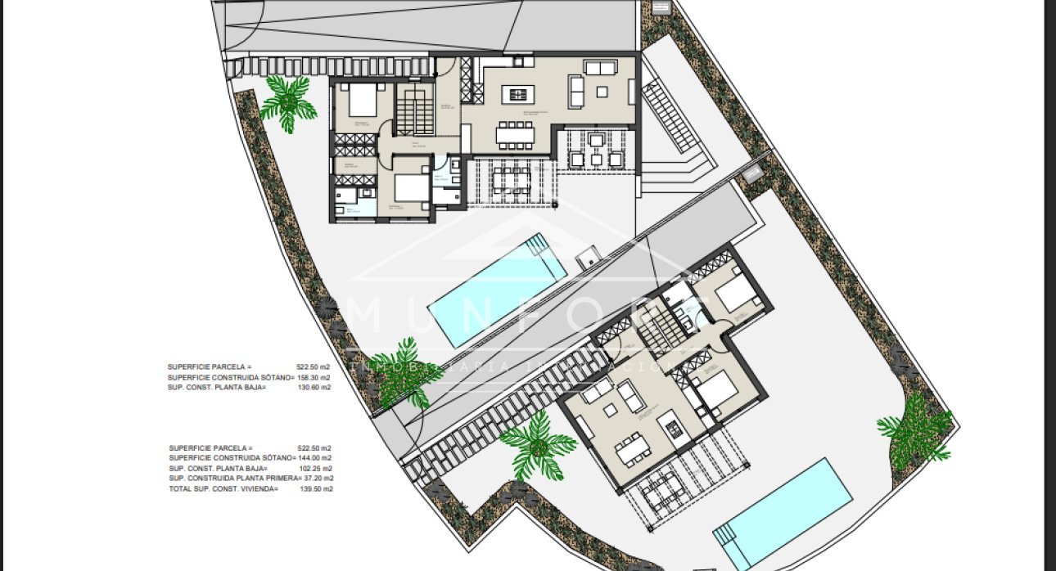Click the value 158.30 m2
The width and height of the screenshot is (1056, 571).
point(314,377)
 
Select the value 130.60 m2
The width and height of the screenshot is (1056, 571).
point(314,387)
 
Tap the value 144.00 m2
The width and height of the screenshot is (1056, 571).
point(315,458)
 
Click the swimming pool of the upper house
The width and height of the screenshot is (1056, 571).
point(498,290)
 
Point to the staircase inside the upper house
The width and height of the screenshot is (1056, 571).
point(415,109)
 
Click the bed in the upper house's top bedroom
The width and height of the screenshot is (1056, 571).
point(362,101)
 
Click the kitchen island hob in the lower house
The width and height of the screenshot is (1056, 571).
point(673,428)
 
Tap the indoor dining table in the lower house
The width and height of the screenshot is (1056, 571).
point(633,448)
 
